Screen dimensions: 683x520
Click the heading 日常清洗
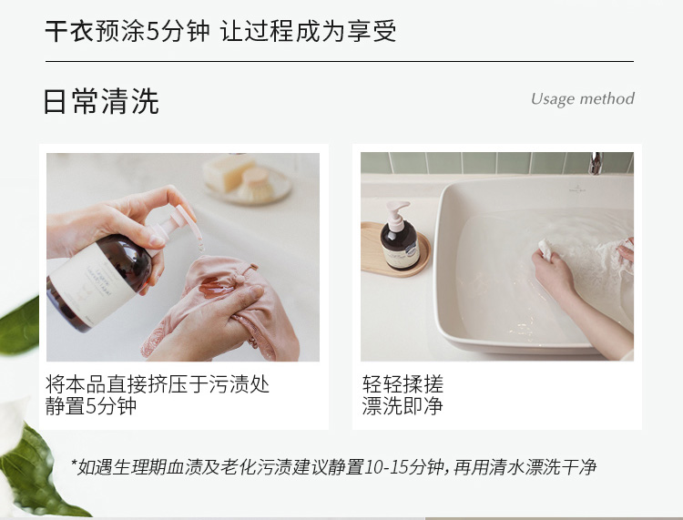[x=101, y=101]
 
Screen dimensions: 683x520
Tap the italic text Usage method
[x=583, y=99]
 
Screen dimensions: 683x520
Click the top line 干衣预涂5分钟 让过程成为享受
[x=220, y=31]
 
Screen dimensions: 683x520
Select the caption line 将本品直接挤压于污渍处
[x=158, y=384]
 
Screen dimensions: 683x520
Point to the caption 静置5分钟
[x=91, y=406]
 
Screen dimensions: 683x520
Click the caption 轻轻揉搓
[x=403, y=384]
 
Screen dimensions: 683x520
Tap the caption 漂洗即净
[x=403, y=406]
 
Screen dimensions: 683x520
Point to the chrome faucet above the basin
[x=596, y=164]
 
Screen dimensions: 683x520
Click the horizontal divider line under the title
[x=340, y=61]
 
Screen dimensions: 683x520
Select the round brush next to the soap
[x=257, y=184]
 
